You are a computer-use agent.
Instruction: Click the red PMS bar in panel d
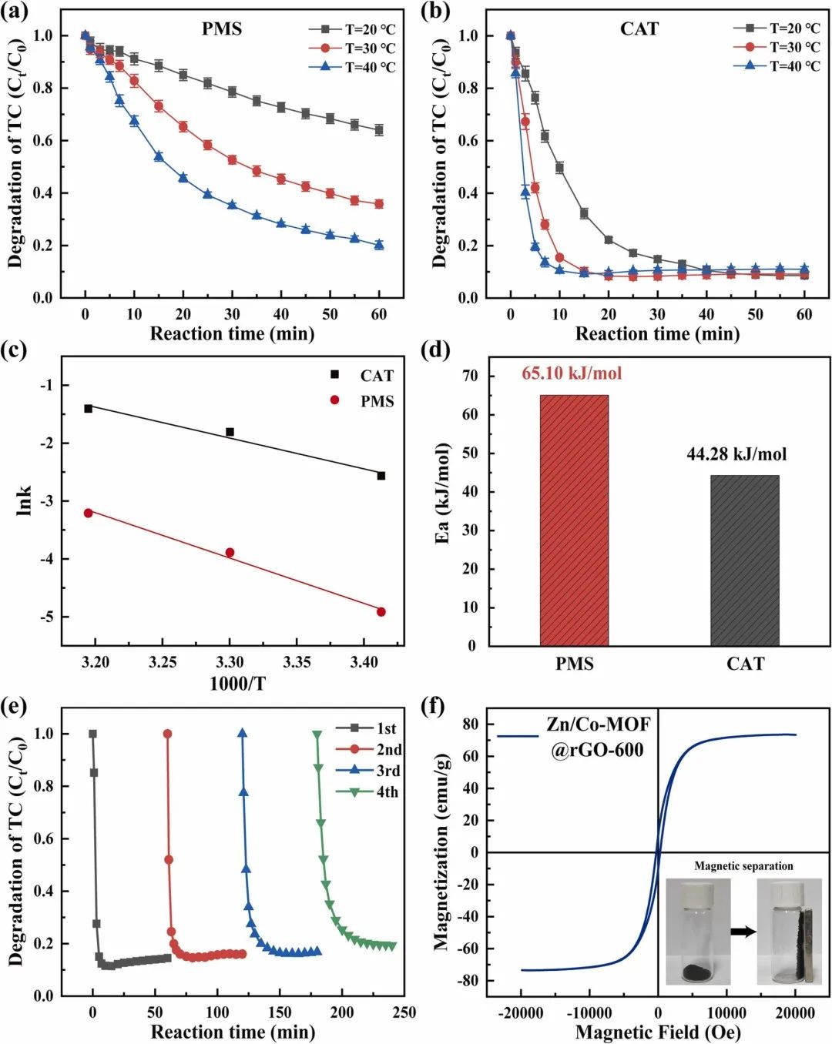(x=574, y=520)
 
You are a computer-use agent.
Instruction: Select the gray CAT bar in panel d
(x=744, y=560)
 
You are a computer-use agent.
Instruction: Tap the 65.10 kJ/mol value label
(x=572, y=373)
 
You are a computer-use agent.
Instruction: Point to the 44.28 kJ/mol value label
(x=736, y=454)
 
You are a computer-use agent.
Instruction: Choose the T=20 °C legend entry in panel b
(x=777, y=28)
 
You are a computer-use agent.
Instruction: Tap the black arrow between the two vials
(x=743, y=932)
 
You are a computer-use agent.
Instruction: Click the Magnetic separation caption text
(x=743, y=866)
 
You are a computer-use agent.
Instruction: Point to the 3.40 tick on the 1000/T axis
(x=364, y=662)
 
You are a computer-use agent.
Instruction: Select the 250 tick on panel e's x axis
(x=404, y=1012)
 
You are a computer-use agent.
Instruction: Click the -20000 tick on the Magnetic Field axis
(x=521, y=1012)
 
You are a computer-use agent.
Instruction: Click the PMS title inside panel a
(x=222, y=29)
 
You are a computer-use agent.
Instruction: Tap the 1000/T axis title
(x=237, y=683)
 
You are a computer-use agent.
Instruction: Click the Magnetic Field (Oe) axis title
(x=657, y=1032)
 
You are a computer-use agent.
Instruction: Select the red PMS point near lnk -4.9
(x=381, y=612)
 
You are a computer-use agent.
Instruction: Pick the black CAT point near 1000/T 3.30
(x=230, y=432)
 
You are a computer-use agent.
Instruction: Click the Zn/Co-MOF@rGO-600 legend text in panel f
(x=598, y=737)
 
